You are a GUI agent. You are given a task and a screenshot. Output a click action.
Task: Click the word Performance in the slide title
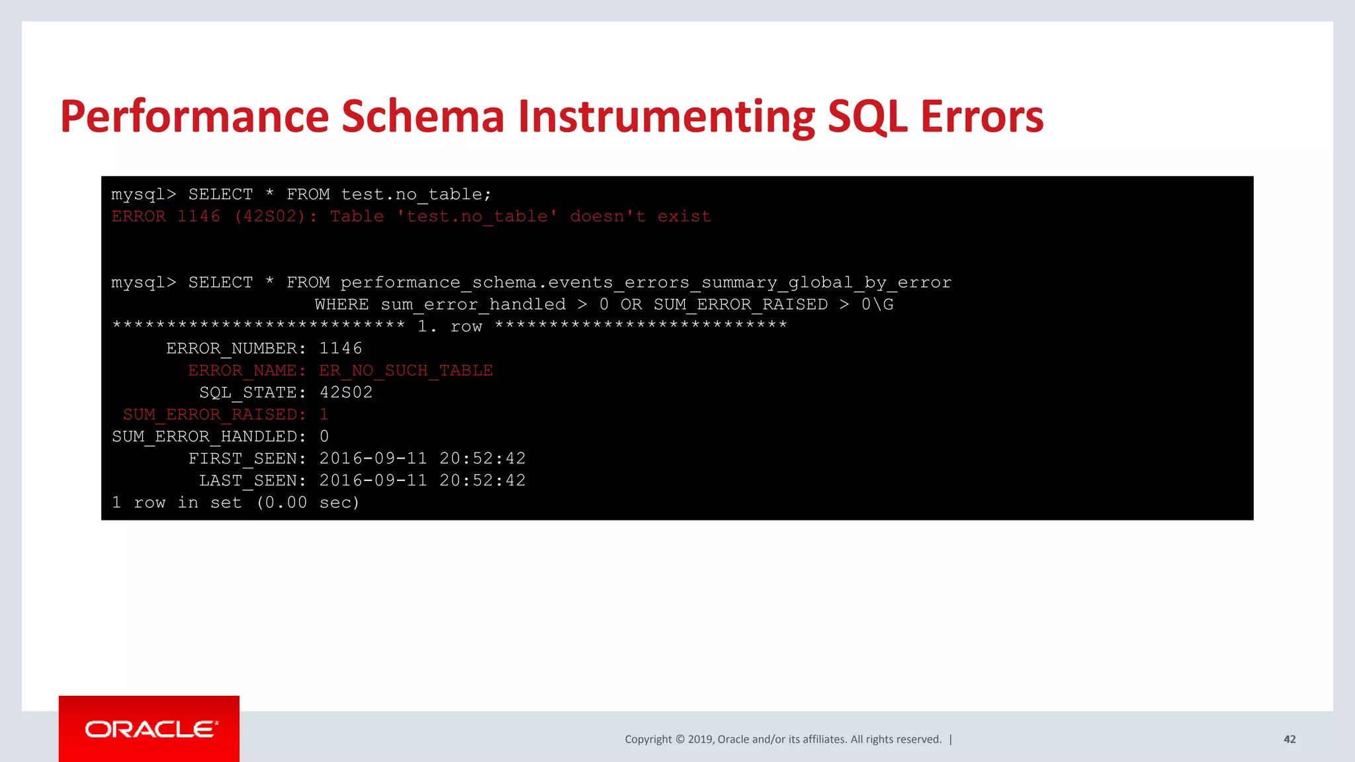tap(194, 117)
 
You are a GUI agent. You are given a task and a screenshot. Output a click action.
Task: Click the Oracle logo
tap(150, 729)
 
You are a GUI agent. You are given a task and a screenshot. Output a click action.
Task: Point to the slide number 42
tap(1289, 740)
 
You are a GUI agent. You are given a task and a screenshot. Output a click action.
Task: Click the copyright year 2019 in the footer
tap(701, 740)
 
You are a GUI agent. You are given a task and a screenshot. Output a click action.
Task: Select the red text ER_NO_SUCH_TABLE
tap(406, 370)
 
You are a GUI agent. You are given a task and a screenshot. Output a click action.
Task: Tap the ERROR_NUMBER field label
tap(236, 349)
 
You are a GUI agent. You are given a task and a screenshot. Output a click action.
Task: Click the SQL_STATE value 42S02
tap(346, 392)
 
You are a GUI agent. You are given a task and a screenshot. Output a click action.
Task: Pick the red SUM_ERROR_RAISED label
tap(214, 415)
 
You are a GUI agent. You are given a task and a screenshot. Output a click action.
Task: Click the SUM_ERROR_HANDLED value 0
tap(324, 437)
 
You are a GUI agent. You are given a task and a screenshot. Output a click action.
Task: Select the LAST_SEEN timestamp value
tap(422, 481)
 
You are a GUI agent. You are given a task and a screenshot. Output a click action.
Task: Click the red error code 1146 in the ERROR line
tap(198, 216)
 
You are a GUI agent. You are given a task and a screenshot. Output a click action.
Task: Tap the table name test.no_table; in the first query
tap(416, 194)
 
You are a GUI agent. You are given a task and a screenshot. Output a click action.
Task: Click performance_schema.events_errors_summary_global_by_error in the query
tap(646, 282)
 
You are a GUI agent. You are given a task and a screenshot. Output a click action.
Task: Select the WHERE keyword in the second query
tap(341, 304)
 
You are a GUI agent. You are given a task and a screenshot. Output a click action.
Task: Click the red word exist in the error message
tap(684, 216)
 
